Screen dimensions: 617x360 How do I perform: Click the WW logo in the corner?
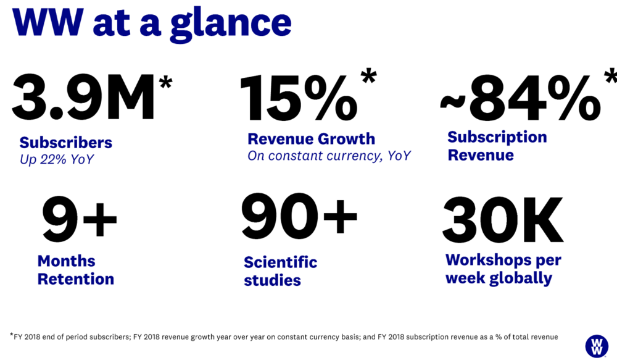597,346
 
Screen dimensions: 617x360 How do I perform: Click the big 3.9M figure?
83,96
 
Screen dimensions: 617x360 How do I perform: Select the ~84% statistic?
520,98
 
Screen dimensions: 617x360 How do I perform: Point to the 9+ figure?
80,219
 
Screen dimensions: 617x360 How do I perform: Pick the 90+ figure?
299,216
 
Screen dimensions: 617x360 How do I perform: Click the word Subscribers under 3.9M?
66,143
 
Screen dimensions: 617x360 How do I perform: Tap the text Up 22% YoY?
57,159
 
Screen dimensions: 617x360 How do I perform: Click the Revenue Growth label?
311,139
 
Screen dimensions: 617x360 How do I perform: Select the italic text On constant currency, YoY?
329,156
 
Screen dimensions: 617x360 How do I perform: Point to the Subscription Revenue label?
497,146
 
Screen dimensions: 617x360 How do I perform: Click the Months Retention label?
75,270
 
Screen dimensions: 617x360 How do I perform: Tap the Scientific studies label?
280,271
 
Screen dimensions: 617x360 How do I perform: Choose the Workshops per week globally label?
503,269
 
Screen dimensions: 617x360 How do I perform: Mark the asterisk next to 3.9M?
165,82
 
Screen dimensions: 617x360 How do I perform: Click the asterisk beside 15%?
369,75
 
